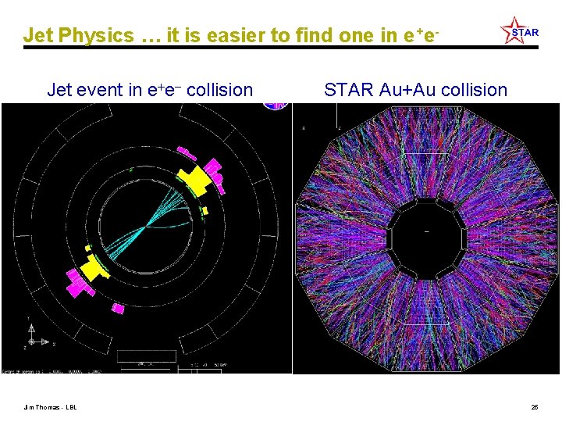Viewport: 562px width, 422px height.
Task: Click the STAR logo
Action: pyautogui.click(x=519, y=31)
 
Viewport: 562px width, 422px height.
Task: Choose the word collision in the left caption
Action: pyautogui.click(x=220, y=90)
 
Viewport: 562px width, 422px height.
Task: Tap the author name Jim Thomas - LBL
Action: pyautogui.click(x=50, y=406)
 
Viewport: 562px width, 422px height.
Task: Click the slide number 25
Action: pyautogui.click(x=535, y=406)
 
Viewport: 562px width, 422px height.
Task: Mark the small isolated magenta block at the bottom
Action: pyautogui.click(x=117, y=308)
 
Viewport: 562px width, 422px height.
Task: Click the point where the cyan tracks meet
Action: pyautogui.click(x=148, y=225)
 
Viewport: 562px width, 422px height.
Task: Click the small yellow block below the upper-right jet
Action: pyautogui.click(x=205, y=210)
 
